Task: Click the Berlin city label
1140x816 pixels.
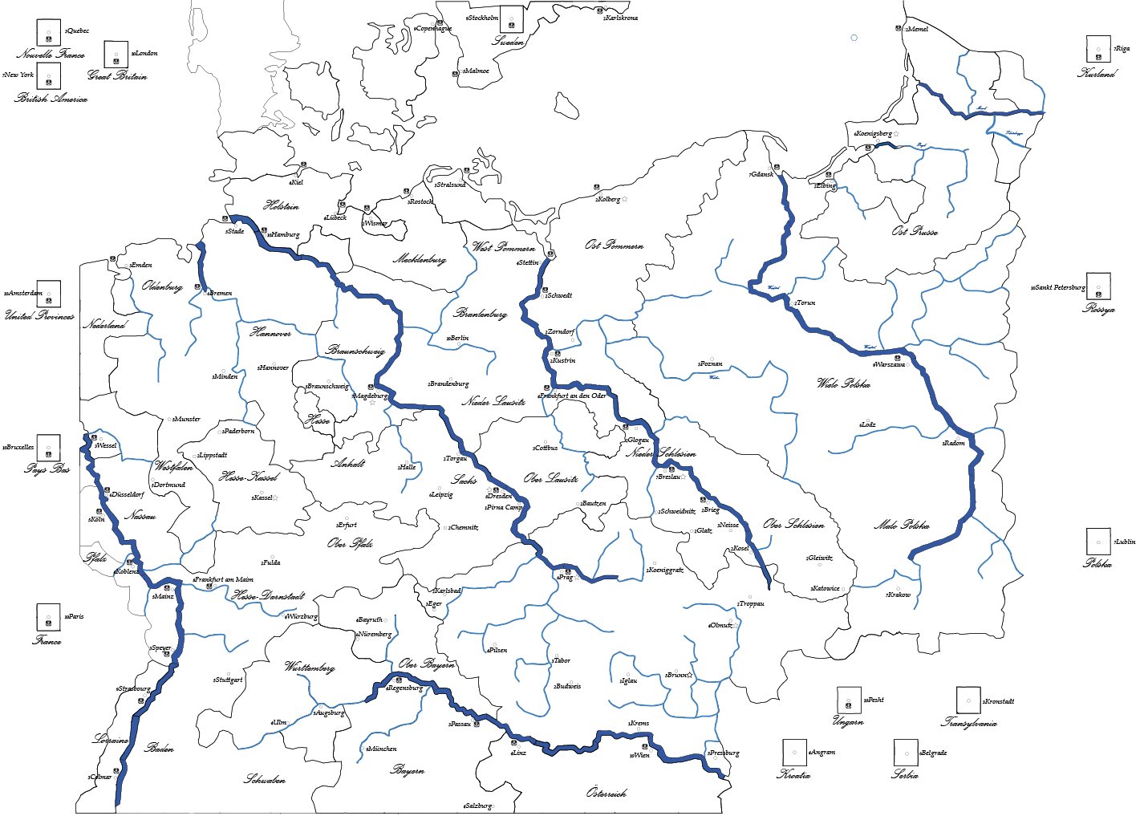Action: click(458, 339)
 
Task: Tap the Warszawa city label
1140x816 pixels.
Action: click(890, 364)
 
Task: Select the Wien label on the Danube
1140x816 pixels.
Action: click(640, 755)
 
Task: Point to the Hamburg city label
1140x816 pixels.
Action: click(283, 235)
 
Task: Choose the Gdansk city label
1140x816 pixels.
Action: click(761, 174)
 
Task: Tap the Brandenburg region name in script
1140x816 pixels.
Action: click(480, 314)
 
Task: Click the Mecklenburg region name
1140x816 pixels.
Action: click(419, 259)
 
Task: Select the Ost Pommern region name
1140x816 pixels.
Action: click(614, 245)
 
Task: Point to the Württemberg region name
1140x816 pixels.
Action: click(309, 667)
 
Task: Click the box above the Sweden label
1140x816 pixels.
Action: click(512, 19)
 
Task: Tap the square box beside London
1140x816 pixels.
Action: click(116, 55)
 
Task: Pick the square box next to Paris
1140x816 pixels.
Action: click(48, 617)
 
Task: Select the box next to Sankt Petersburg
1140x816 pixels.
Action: click(1098, 286)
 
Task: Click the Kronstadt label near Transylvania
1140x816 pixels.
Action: click(998, 701)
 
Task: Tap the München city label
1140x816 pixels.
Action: click(382, 749)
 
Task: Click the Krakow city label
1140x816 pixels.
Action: click(899, 595)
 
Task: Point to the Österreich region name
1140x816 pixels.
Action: click(606, 793)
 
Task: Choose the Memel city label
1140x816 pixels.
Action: click(917, 29)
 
